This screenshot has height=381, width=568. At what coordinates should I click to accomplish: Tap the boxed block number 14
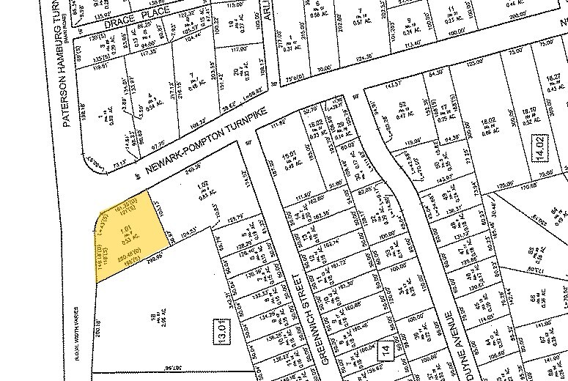click(x=386, y=350)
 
